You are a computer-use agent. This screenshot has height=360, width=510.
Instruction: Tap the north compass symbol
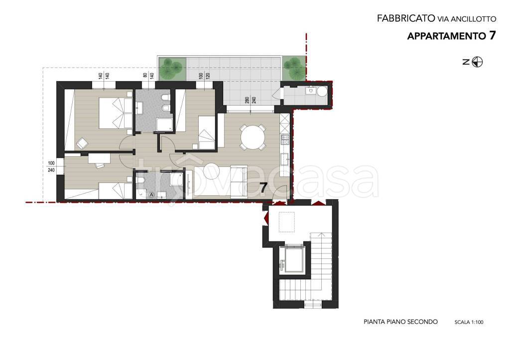[x=477, y=62]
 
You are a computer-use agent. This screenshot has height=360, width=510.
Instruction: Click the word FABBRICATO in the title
[x=406, y=18]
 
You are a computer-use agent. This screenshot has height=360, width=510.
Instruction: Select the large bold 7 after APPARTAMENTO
[x=492, y=35]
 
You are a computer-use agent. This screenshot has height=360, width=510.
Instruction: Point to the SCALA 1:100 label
[x=469, y=322]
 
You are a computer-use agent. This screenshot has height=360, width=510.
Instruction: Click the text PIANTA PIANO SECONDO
[x=400, y=322]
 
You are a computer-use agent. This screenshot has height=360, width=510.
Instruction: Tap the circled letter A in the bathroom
[x=151, y=195]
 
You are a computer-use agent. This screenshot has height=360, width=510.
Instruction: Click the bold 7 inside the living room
[x=263, y=187]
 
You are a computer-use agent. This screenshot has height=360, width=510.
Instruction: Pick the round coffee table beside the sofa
[x=212, y=171]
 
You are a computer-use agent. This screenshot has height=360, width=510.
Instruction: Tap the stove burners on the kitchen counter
[x=285, y=140]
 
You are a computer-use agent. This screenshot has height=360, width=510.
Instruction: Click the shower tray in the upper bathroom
[x=164, y=125]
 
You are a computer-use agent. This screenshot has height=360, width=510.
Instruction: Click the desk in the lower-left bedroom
[x=99, y=158]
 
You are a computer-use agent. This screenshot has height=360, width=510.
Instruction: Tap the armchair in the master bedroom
[x=82, y=143]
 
